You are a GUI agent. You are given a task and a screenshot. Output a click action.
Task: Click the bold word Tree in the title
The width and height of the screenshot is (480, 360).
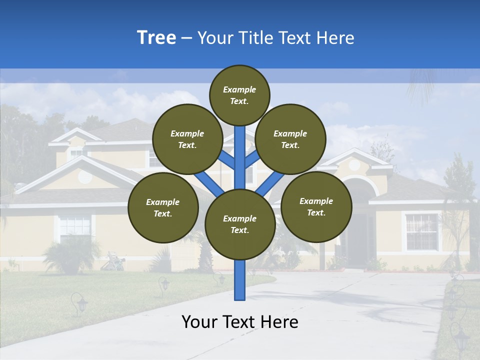pos(156,38)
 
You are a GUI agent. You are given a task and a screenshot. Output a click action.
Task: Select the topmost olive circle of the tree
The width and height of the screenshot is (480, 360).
pos(239,95)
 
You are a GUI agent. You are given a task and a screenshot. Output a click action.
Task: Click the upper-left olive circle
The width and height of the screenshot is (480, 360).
pos(187,139)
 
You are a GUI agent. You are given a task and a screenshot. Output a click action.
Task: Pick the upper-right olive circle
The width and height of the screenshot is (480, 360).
pos(290,139)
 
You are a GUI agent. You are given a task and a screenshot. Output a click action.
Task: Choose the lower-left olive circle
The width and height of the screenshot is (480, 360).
pos(163,207)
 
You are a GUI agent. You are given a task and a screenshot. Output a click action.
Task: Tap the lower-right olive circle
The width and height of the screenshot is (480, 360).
pos(316,206)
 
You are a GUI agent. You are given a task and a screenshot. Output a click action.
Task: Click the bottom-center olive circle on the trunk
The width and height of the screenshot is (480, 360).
pos(240,224)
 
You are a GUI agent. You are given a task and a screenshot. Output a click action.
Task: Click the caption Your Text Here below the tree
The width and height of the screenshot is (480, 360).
pos(240,322)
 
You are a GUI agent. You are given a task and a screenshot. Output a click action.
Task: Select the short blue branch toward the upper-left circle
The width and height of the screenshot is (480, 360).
pos(226,159)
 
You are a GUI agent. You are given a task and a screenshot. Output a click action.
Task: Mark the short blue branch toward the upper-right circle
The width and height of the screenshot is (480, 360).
pos(252,159)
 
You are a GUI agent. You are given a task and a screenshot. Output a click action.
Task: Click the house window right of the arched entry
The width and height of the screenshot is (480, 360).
pos(421,231)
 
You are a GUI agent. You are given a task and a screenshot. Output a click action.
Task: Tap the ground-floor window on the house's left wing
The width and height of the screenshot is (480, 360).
pos(75,227)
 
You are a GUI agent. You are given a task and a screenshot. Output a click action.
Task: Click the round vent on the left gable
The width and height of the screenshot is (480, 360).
pos(85,176)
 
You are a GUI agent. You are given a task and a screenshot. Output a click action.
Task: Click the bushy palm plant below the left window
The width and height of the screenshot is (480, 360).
pos(70,255)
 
